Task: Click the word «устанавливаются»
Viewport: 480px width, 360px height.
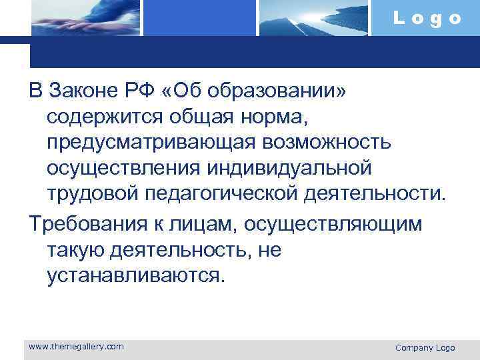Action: (x=137, y=276)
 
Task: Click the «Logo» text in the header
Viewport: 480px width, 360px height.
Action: (x=427, y=18)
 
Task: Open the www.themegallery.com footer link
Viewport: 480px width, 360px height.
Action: (x=77, y=346)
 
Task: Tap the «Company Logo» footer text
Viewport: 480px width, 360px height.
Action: (x=425, y=347)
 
